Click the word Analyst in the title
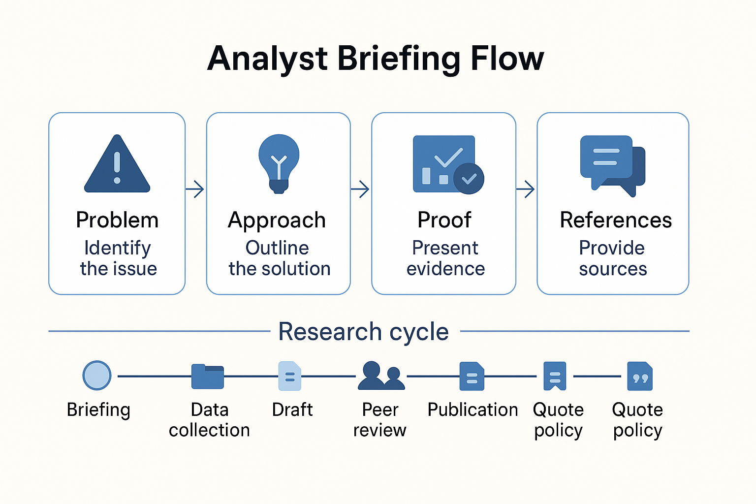267,59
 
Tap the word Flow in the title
507,59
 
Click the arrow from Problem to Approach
195,189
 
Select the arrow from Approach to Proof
361,189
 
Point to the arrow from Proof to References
526,189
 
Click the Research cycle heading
363,332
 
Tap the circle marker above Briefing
97,376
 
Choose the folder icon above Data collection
208,377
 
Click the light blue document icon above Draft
290,376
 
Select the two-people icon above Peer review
381,376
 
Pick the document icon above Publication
472,377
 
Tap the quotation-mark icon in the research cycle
640,377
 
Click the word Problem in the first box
117,220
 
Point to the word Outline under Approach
277,248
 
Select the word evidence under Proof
445,269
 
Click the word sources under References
613,269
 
